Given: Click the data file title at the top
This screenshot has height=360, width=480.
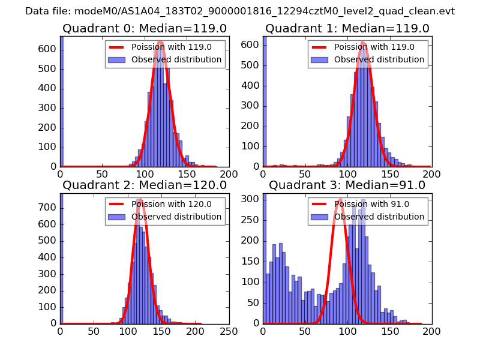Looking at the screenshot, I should pyautogui.click(x=240, y=11).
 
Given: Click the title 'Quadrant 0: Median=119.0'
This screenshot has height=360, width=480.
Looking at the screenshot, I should pyautogui.click(x=144, y=29).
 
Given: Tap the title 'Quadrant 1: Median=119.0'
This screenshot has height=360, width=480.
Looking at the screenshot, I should pyautogui.click(x=347, y=29).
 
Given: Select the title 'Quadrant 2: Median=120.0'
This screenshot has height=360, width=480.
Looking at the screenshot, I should pyautogui.click(x=144, y=185).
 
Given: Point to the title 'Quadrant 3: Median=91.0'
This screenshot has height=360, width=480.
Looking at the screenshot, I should pyautogui.click(x=347, y=185).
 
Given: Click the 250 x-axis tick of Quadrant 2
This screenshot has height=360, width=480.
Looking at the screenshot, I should pyautogui.click(x=229, y=330).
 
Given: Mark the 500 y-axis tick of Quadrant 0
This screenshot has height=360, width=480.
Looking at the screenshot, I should pyautogui.click(x=50, y=68).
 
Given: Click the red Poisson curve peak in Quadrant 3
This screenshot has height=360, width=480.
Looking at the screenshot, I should pyautogui.click(x=340, y=199).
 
